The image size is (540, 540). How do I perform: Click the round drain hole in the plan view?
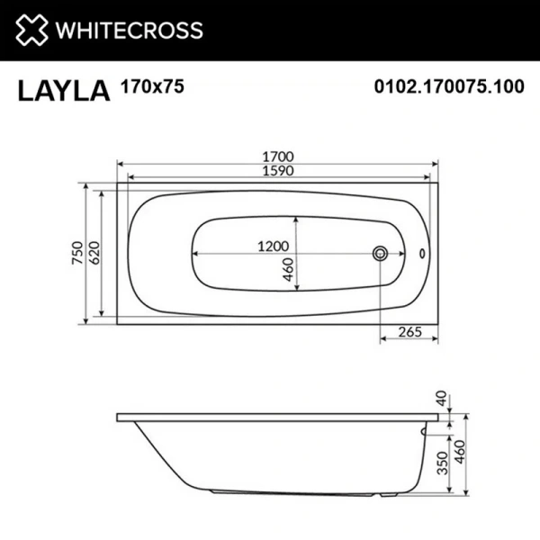381,253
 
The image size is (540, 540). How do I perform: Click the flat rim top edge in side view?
270,417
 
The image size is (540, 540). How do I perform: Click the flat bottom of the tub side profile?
288,491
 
